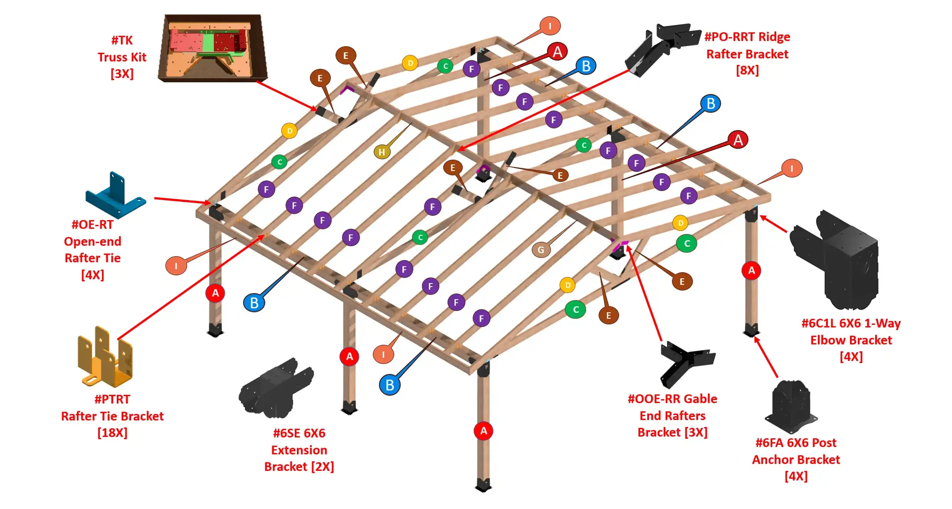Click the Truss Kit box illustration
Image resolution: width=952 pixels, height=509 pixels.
(x=213, y=48)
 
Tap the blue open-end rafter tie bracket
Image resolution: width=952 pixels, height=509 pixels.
(x=115, y=196)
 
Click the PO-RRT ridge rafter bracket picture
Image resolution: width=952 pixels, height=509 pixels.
(x=661, y=48)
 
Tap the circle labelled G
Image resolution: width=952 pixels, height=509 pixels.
(x=541, y=250)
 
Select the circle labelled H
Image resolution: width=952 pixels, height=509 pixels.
(x=382, y=152)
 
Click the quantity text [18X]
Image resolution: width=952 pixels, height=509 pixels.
(x=112, y=433)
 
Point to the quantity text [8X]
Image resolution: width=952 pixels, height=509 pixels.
(x=747, y=70)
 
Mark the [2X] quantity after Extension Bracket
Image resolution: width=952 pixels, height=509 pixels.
(x=322, y=467)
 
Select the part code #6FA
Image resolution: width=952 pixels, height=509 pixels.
(x=770, y=443)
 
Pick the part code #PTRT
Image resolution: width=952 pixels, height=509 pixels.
(x=112, y=399)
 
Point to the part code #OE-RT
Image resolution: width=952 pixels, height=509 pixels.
(x=92, y=225)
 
